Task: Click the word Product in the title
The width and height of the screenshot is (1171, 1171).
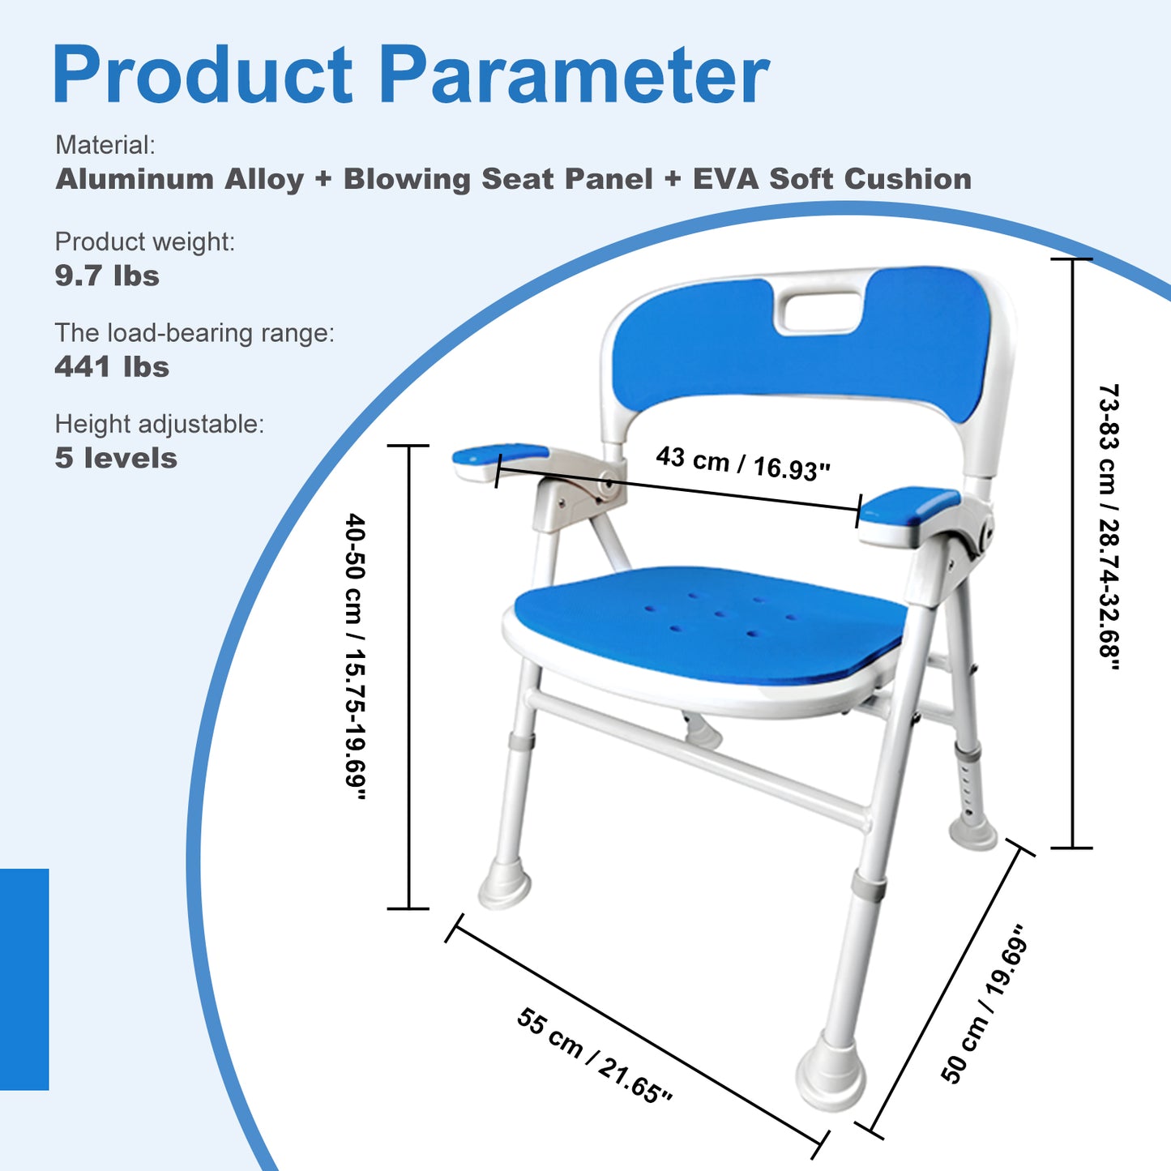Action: [x=203, y=75]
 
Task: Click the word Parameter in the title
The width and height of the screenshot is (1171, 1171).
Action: [x=574, y=75]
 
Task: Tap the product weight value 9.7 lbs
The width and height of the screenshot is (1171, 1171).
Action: [x=107, y=276]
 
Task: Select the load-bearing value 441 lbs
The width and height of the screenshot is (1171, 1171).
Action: [x=112, y=367]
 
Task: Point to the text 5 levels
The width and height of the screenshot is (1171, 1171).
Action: [x=116, y=459]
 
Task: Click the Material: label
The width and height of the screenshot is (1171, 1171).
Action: [x=105, y=146]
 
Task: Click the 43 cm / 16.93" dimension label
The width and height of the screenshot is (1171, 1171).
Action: [x=743, y=463]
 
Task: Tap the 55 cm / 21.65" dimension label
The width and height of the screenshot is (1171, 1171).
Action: [x=594, y=1056]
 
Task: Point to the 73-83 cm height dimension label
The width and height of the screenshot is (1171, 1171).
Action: [x=1108, y=527]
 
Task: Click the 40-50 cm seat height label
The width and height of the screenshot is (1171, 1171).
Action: [x=356, y=656]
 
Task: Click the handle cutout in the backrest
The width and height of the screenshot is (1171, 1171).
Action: [x=820, y=312]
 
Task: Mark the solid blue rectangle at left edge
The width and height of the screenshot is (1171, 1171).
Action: [x=24, y=979]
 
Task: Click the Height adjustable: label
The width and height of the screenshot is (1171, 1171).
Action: [x=160, y=425]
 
